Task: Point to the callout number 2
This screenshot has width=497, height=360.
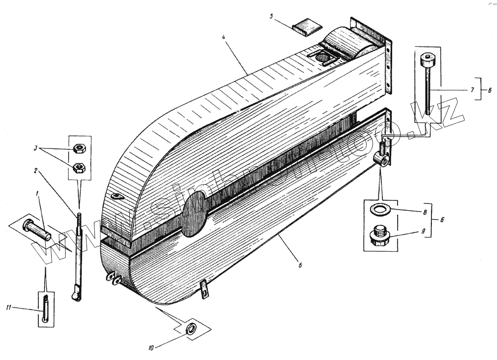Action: tap(36, 170)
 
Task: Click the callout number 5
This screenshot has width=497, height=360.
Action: tap(271, 16)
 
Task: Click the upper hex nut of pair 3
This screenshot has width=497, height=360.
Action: tap(78, 147)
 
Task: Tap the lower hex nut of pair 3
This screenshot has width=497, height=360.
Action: tap(78, 166)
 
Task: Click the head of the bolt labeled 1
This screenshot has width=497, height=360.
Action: tap(28, 225)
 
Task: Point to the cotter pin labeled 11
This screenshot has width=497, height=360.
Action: tap(45, 309)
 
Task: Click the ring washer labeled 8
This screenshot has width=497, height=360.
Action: tap(381, 209)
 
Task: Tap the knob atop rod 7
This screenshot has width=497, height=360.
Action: tap(425, 61)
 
